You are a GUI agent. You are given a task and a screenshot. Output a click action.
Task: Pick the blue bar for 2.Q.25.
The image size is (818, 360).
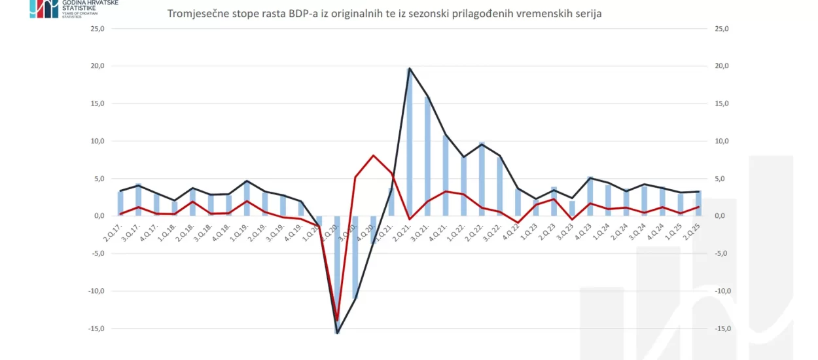tap(698, 204)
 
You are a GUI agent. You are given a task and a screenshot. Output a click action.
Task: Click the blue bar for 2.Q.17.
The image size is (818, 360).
tap(120, 204)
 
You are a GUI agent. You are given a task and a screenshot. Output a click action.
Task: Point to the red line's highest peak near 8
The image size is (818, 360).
tap(373, 156)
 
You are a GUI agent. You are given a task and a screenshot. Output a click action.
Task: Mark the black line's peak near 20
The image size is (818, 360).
tap(410, 69)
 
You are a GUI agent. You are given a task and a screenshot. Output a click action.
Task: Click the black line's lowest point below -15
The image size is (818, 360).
tap(337, 333)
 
